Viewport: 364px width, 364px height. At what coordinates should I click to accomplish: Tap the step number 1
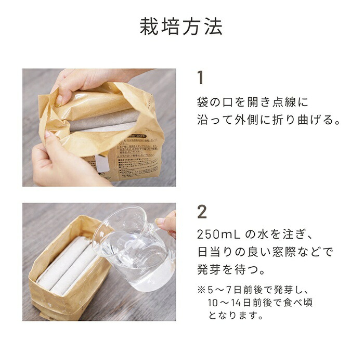coord(201,77)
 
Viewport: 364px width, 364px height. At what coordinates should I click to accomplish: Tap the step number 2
coord(202,212)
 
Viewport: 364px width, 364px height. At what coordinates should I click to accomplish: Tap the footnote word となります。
coord(229,315)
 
